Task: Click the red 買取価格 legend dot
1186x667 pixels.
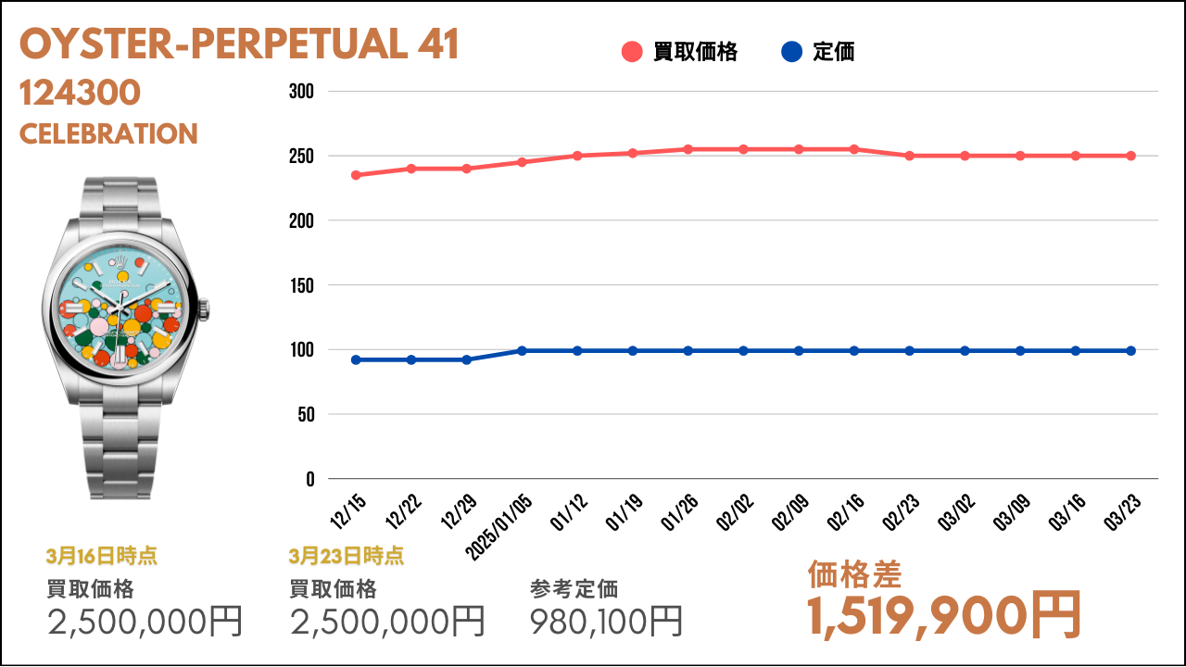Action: [x=632, y=52]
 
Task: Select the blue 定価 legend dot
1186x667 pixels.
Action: [x=791, y=52]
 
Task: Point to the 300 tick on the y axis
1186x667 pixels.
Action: [x=301, y=92]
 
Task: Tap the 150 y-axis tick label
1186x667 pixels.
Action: [x=302, y=286]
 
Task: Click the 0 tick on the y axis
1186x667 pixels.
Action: [x=310, y=480]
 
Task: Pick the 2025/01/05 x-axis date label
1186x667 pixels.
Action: [x=498, y=527]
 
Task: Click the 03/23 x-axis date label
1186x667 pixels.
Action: [x=1122, y=511]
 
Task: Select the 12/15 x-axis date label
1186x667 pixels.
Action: [x=347, y=511]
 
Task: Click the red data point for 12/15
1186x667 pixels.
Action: [x=356, y=175]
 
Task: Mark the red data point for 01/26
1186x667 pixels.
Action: [x=688, y=149]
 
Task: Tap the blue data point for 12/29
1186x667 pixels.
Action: [x=466, y=360]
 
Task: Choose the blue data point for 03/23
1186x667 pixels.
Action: [x=1130, y=351]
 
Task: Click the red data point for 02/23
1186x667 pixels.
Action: [x=909, y=157]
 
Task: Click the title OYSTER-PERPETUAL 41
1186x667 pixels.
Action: [x=239, y=44]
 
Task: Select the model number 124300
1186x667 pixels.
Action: [x=80, y=93]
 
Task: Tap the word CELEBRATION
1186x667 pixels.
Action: [x=108, y=134]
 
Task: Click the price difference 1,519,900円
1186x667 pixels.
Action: [x=943, y=616]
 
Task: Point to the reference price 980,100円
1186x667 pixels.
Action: [x=606, y=622]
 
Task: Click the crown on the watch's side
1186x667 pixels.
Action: [x=204, y=309]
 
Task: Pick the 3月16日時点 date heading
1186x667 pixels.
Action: [x=101, y=557]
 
